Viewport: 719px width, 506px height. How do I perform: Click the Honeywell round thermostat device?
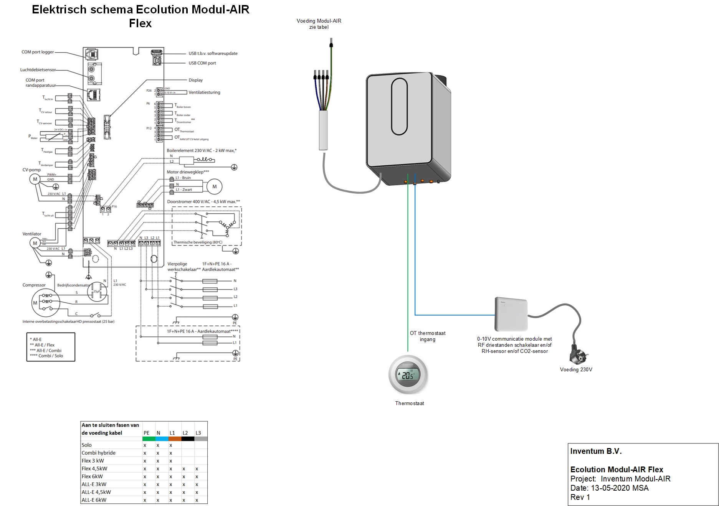coord(408,375)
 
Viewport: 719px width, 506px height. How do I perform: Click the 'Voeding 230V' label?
coord(576,369)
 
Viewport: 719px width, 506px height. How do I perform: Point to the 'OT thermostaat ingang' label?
coord(427,336)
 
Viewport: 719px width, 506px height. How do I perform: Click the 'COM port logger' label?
coord(38,52)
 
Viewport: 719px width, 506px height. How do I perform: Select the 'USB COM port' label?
coord(202,63)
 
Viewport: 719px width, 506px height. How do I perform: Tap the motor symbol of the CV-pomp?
coord(35,179)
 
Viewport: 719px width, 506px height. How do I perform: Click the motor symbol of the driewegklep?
coord(214,186)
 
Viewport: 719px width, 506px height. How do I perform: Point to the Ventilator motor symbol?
coord(35,243)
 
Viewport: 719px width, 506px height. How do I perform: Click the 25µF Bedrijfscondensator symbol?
coord(96,291)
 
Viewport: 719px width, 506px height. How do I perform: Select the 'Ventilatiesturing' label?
coord(204,92)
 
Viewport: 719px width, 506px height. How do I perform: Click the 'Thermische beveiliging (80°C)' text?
coord(198,242)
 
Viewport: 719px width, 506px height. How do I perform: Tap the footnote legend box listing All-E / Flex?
coord(51,347)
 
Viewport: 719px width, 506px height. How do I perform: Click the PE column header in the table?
coord(146,433)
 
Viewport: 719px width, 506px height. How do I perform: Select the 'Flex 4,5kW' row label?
coord(94,468)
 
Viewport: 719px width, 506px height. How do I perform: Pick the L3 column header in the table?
coord(198,433)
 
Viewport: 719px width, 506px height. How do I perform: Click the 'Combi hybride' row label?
coord(98,453)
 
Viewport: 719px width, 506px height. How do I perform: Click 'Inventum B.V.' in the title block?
coord(595,451)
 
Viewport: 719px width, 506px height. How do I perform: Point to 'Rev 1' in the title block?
coord(580,497)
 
